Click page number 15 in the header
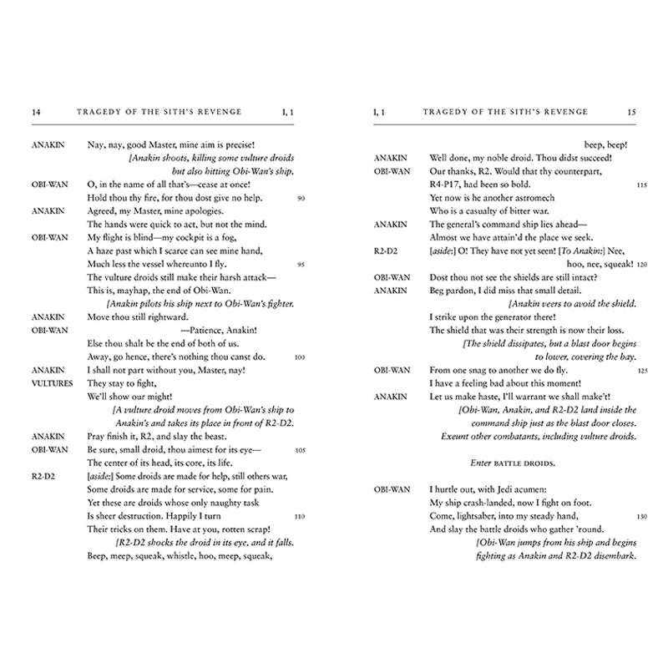(x=630, y=111)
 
